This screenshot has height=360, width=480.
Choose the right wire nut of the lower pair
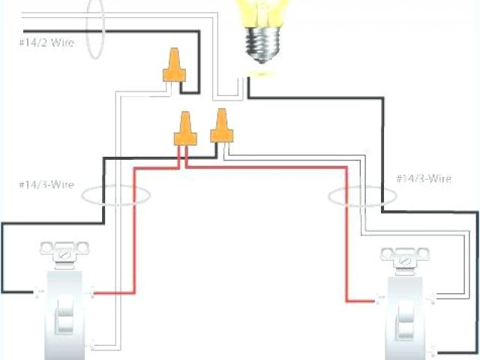[220, 126]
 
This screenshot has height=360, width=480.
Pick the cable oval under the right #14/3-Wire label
[362, 196]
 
